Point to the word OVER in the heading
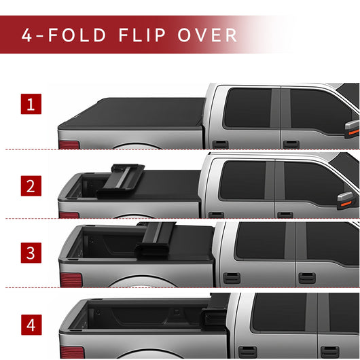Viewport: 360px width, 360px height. click(209, 35)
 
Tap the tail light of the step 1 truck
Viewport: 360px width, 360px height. click(69, 145)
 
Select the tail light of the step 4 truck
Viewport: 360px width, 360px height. click(72, 352)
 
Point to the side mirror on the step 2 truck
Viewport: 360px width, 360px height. click(346, 199)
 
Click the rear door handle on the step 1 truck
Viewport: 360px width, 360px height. click(220, 144)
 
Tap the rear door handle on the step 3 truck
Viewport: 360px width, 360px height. click(232, 277)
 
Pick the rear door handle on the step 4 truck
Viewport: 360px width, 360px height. click(247, 350)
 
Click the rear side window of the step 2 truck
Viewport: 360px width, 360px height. click(241, 181)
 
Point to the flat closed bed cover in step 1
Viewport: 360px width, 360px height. click(132, 114)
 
